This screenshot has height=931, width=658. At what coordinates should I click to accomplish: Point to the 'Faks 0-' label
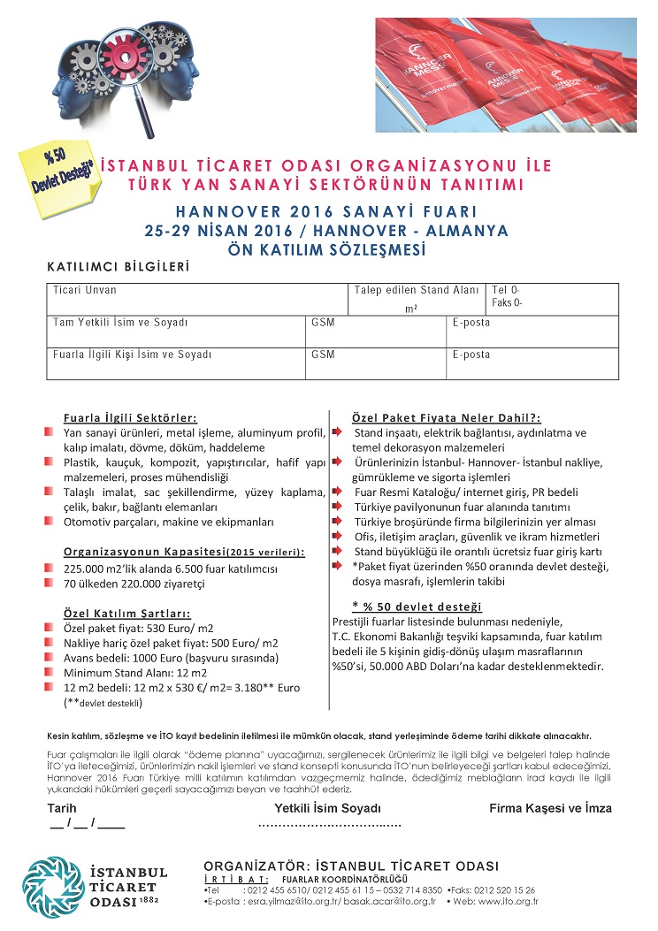coord(508,301)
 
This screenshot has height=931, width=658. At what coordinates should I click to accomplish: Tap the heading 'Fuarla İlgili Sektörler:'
coord(130,417)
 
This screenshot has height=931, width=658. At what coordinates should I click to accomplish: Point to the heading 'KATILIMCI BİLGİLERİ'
coord(119,266)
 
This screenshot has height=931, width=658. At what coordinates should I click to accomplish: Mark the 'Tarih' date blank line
coord(88,826)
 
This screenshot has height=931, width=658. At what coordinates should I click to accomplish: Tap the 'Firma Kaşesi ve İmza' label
coord(550,808)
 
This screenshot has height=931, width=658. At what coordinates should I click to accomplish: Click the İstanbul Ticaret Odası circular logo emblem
coord(52,884)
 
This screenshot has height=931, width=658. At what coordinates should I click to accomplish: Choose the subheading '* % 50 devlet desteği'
coord(416,607)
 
